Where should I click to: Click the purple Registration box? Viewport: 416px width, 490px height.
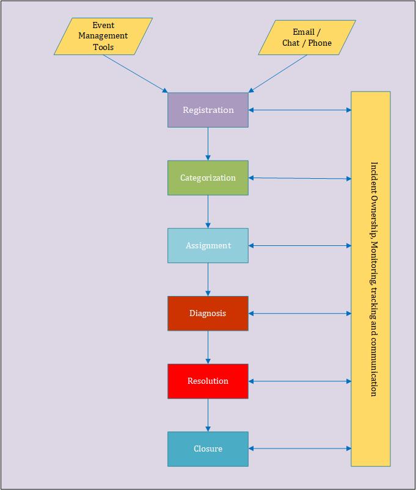pos(208,110)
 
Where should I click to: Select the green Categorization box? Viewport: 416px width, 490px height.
pos(208,178)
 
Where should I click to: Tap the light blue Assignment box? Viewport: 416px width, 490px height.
pos(208,245)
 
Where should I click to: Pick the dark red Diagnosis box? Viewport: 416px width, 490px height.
pos(208,313)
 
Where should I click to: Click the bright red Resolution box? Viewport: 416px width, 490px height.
pos(208,381)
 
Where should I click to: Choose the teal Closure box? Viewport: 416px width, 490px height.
pos(208,449)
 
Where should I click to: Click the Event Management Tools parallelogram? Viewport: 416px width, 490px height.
pos(103,36)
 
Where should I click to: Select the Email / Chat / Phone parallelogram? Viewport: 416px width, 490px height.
pos(307,37)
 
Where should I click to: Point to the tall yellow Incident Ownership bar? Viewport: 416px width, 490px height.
pos(371,279)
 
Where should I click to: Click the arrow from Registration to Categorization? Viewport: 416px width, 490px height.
pos(208,144)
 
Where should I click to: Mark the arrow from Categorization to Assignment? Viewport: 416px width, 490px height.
pos(208,212)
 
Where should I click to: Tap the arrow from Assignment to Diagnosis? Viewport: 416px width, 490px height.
pos(208,279)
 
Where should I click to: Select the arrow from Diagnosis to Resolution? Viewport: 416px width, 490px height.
pos(208,347)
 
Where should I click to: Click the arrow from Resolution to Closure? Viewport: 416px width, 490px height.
pos(208,415)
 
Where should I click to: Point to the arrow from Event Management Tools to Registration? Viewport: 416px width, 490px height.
pos(136,74)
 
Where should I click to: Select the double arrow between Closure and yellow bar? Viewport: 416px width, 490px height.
pos(300,449)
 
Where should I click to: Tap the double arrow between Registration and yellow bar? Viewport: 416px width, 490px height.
pos(300,110)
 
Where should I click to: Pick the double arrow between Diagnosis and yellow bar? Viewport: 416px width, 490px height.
pos(300,313)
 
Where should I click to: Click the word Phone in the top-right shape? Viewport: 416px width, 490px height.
pos(320,43)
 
